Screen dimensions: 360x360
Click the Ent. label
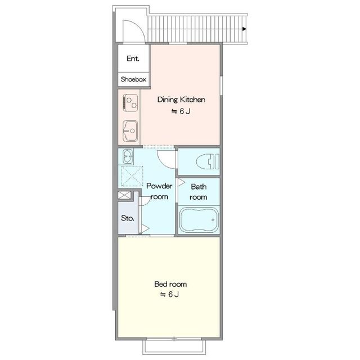point(133,58)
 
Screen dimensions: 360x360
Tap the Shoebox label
point(133,79)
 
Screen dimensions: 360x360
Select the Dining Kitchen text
point(181,100)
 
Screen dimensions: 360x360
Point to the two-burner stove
point(130,102)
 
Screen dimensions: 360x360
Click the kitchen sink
point(130,131)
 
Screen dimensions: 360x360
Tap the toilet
point(208,161)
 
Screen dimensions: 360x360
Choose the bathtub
point(199,220)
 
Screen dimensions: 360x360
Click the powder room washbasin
point(128,156)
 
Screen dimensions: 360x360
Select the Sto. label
point(128,218)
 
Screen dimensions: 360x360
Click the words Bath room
point(199,192)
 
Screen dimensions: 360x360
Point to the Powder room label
point(159,191)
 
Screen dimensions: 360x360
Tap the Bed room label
point(170,284)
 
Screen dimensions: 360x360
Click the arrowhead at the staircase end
point(244,29)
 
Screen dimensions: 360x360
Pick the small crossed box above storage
point(124,195)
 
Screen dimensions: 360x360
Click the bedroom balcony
point(174,347)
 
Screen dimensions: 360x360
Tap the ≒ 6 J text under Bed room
point(169,294)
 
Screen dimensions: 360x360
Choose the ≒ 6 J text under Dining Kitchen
point(181,111)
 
